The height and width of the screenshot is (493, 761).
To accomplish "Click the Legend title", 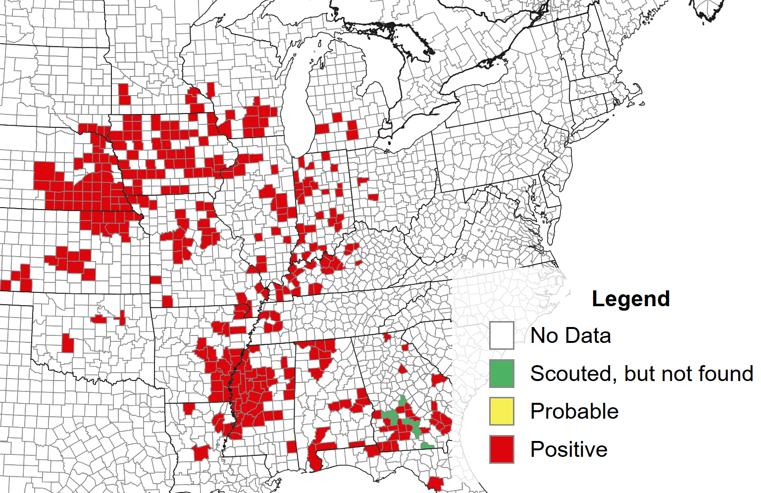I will pyautogui.click(x=630, y=299).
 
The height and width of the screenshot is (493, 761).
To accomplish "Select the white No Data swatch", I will pyautogui.click(x=502, y=335).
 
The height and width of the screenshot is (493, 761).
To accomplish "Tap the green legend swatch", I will pyautogui.click(x=502, y=374).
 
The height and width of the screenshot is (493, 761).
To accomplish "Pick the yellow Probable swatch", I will pyautogui.click(x=502, y=411).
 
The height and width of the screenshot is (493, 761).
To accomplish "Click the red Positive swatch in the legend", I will pyautogui.click(x=502, y=449).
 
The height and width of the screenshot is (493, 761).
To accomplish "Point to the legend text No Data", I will pyautogui.click(x=570, y=335).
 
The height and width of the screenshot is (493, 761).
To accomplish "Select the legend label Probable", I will pyautogui.click(x=574, y=411).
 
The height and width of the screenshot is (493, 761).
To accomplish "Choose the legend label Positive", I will pyautogui.click(x=569, y=449).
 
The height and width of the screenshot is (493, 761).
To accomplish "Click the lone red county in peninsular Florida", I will pyautogui.click(x=435, y=483).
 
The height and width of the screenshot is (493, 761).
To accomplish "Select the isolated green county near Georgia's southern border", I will pyautogui.click(x=426, y=446).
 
